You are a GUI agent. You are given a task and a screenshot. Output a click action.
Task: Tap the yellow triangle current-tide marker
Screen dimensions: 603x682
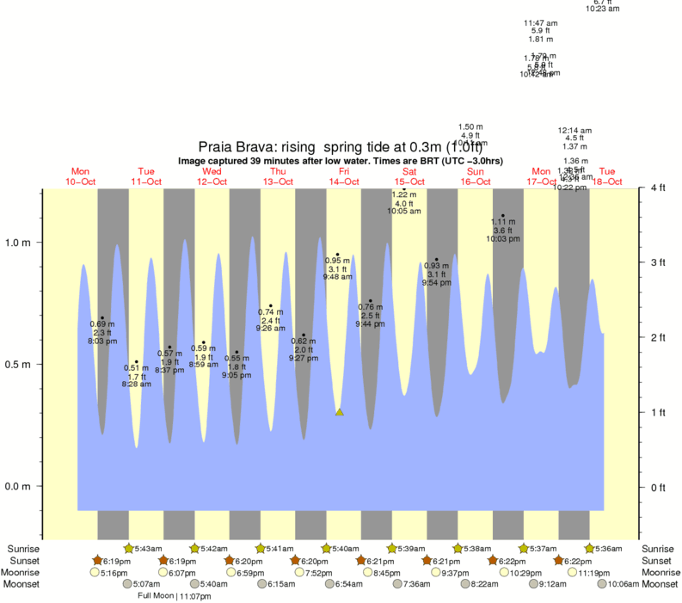pyautogui.click(x=340, y=412)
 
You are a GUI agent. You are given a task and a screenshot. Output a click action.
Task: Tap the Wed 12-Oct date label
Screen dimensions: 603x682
pyautogui.click(x=212, y=176)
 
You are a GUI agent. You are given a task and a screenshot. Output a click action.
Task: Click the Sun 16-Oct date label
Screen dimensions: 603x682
pyautogui.click(x=476, y=176)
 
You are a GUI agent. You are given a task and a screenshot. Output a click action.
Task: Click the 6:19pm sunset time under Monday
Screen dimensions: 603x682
pyautogui.click(x=116, y=561)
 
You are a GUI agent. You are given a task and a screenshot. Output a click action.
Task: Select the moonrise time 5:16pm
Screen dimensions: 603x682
pyautogui.click(x=115, y=573)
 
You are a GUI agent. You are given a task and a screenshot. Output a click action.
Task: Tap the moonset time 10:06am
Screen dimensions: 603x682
pyautogui.click(x=624, y=584)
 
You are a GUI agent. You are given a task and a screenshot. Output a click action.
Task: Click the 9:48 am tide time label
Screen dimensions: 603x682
pyautogui.click(x=337, y=277)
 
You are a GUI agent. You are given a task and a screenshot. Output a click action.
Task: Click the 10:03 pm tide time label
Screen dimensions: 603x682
pyautogui.click(x=503, y=238)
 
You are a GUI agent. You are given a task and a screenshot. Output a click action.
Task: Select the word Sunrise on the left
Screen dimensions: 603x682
pyautogui.click(x=24, y=549)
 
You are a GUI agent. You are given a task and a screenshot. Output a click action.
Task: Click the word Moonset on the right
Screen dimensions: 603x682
pyautogui.click(x=658, y=584)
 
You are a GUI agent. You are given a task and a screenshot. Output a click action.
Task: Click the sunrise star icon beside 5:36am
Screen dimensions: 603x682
pyautogui.click(x=590, y=548)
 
